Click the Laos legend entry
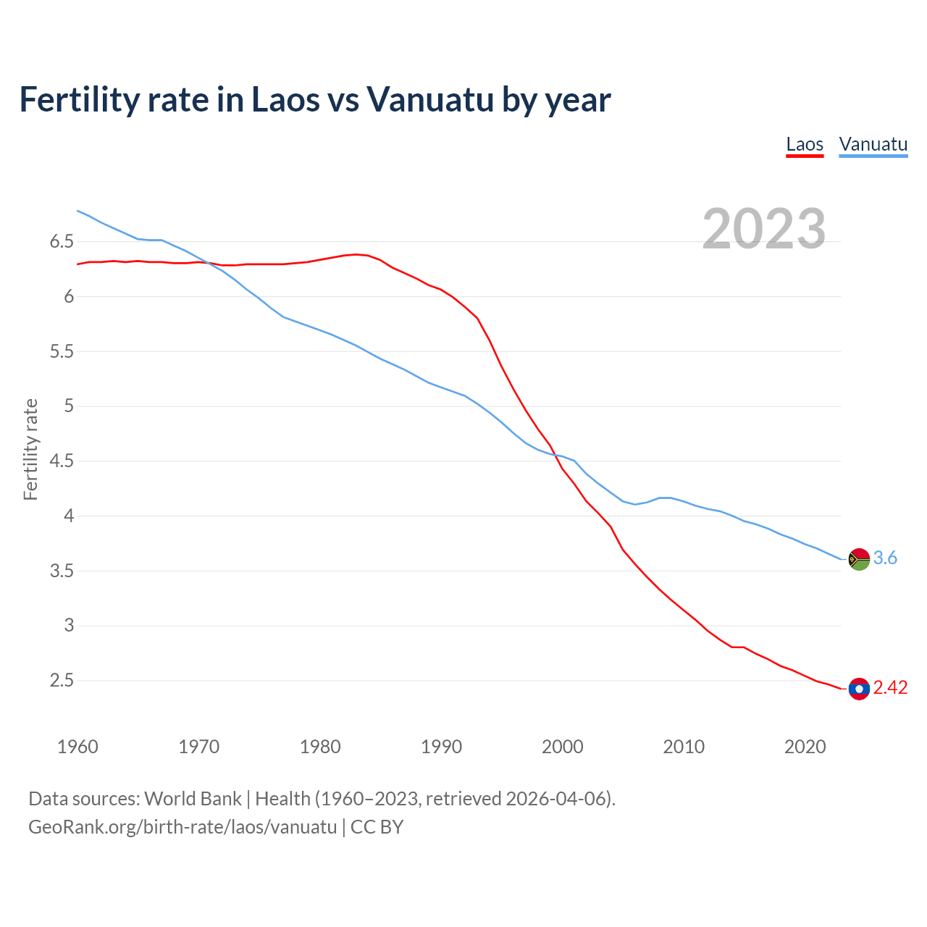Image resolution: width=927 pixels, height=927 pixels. click(x=805, y=144)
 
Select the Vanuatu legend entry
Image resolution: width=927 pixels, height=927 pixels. click(x=873, y=144)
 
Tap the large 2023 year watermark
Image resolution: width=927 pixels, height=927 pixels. click(x=763, y=229)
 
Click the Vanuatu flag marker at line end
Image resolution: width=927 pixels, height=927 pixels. click(x=859, y=559)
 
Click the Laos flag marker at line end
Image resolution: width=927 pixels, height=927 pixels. click(x=859, y=689)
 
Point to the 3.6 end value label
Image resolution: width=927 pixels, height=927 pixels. click(x=885, y=558)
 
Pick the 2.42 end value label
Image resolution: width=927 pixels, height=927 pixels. click(x=890, y=688)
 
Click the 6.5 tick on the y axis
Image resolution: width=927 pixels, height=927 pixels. click(x=62, y=242)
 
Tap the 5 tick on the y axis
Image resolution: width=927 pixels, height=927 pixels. click(x=69, y=406)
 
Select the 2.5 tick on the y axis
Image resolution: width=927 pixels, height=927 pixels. click(x=62, y=681)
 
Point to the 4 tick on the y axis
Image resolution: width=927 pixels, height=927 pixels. click(x=69, y=516)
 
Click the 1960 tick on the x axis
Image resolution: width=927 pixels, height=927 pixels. click(x=77, y=747)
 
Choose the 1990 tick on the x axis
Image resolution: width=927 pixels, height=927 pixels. click(x=441, y=747)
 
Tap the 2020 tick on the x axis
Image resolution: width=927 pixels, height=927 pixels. click(x=805, y=747)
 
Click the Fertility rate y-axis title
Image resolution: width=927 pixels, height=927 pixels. click(x=30, y=449)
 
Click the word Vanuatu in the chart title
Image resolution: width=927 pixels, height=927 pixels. click(x=429, y=100)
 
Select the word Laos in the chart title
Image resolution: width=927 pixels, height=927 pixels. click(x=283, y=100)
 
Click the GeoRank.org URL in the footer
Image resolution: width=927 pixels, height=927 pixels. click(x=183, y=827)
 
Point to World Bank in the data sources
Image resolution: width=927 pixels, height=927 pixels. click(x=193, y=799)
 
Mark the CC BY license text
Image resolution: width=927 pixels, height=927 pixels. click(x=377, y=827)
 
